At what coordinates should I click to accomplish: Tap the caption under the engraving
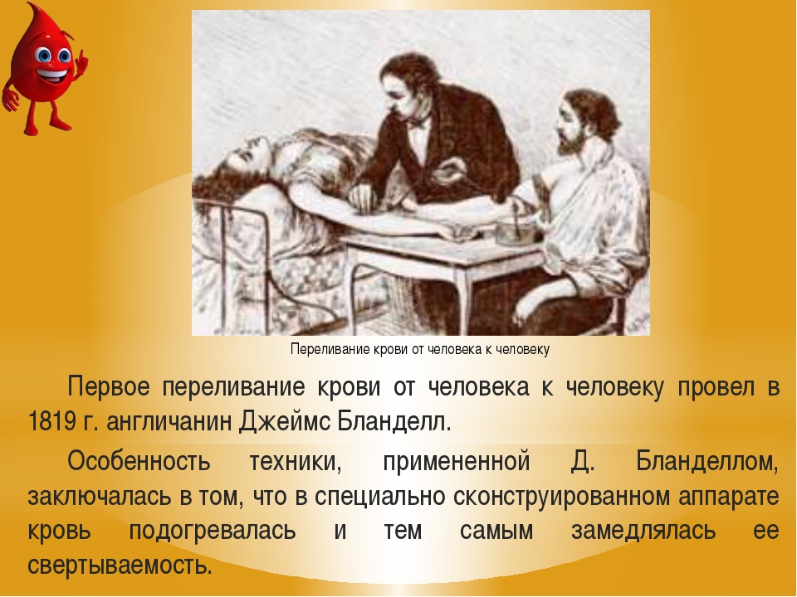pyautogui.click(x=420, y=349)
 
